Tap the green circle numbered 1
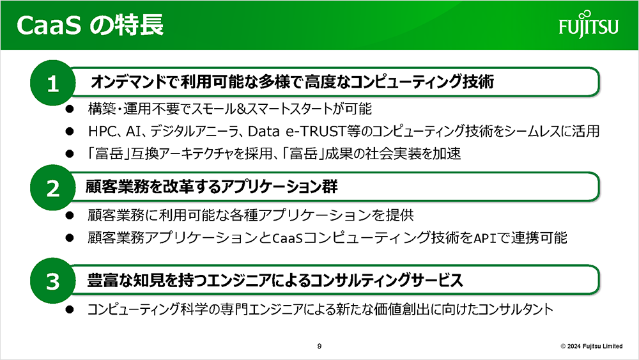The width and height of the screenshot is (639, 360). pos(52,82)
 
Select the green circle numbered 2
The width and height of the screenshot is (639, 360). pos(52,188)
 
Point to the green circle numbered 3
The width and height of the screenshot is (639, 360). pos(52,281)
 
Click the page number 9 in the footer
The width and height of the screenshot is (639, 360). pos(319,346)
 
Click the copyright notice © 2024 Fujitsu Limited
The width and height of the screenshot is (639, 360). pos(591,346)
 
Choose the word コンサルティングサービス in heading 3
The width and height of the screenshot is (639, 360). pos(386,280)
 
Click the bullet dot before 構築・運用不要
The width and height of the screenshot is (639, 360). pos(70,109)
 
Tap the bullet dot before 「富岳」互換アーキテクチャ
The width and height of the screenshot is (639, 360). pos(70,153)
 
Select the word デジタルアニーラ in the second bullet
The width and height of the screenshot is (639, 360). pos(194,131)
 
